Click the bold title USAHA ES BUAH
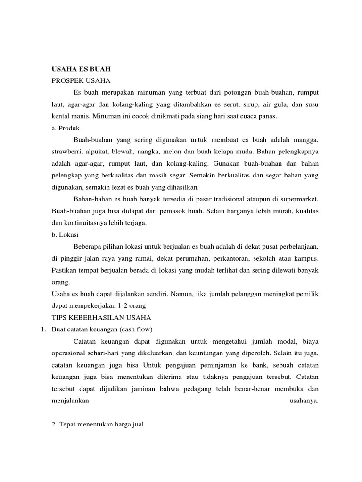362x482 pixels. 81,69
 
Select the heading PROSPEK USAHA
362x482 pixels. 81,80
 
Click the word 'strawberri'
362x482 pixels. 66,152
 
